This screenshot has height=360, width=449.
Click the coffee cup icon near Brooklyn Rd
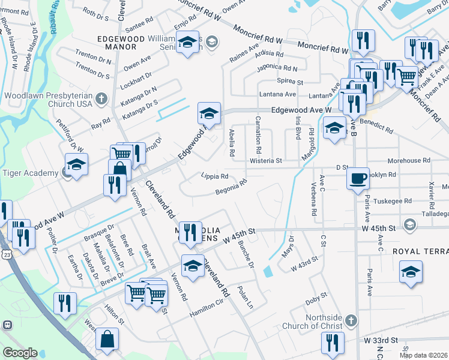click(358, 178)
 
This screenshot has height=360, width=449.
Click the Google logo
click(19, 353)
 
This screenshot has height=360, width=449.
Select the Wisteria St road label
click(267, 161)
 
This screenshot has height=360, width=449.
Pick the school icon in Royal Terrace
click(411, 272)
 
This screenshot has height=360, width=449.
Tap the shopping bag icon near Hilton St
click(107, 338)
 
